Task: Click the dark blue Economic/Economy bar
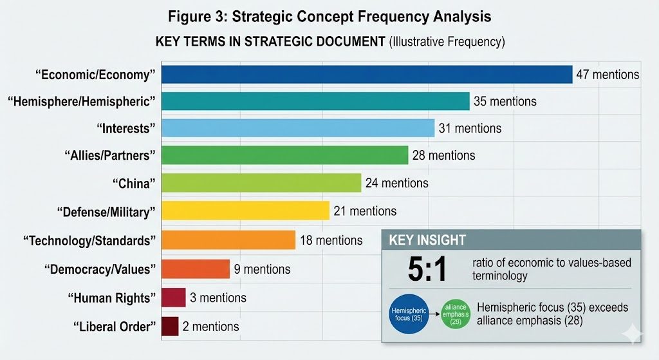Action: coord(367,75)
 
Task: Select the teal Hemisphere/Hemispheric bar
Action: coord(315,101)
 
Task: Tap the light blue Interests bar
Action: coord(298,128)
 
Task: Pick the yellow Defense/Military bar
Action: coord(245,211)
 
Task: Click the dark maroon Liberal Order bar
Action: coord(170,327)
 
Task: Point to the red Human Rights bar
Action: coord(174,298)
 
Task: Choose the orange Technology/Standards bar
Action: coord(228,240)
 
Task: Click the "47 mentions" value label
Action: coord(608,75)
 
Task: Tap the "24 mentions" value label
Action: coord(396,183)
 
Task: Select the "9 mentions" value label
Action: coord(262,269)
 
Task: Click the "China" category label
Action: coord(134,184)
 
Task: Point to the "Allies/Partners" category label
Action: coord(110,156)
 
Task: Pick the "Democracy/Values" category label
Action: coord(100,269)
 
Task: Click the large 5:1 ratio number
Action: coord(427,270)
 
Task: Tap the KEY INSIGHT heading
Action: coord(427,240)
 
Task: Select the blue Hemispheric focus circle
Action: coord(409,314)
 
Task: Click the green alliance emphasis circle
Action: coord(456,314)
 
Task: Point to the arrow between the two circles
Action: coord(434,314)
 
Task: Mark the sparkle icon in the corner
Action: coord(633,334)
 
